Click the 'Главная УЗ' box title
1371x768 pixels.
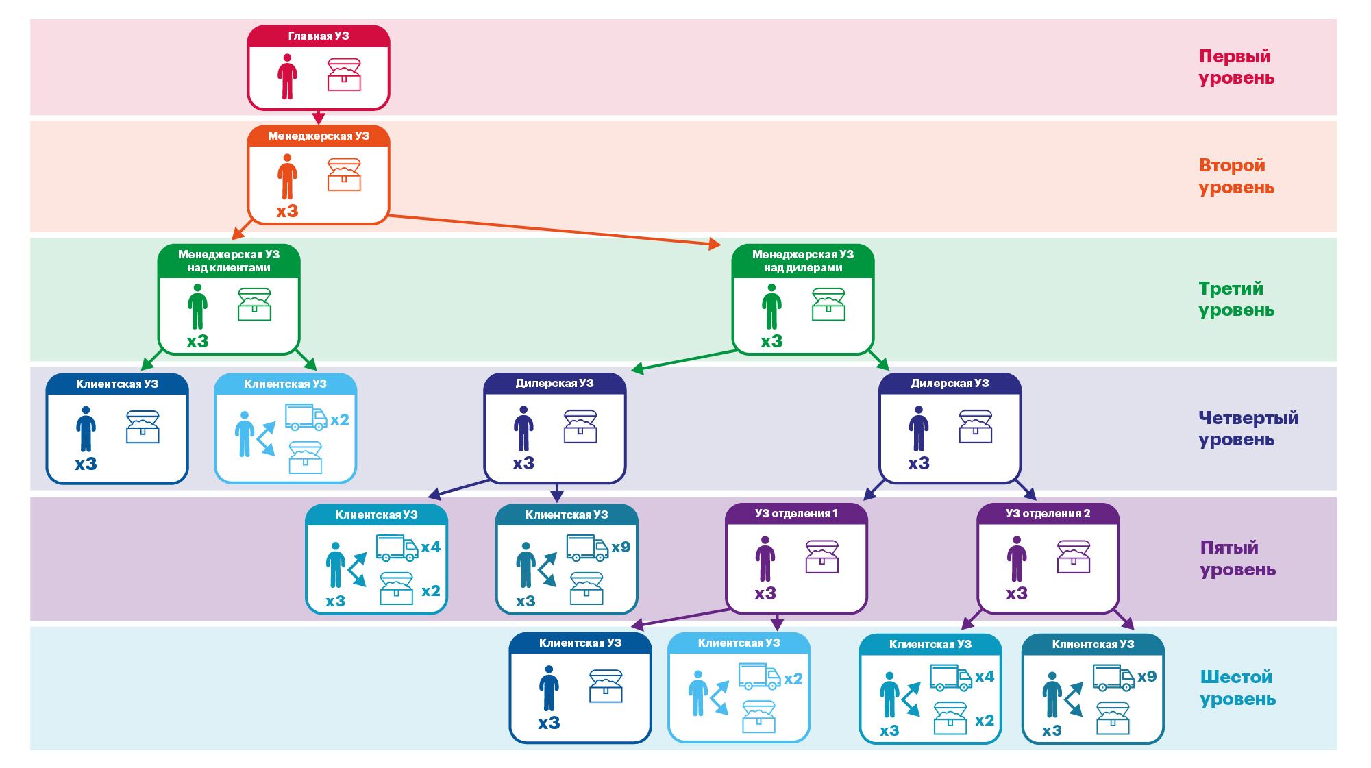coord(319,36)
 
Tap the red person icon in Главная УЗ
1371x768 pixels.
coord(287,77)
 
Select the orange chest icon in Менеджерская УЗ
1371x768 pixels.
coord(344,174)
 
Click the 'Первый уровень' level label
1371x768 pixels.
coord(1235,67)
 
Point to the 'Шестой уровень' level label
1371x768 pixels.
coord(1237,688)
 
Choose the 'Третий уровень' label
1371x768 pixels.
coord(1235,299)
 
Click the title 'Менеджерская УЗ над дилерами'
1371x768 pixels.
coord(803,261)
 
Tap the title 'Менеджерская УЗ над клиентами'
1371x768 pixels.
coord(229,261)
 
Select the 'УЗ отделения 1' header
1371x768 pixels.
coord(796,514)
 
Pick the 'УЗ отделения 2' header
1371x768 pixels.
coord(1048,514)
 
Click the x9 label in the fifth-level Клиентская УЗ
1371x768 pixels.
coord(621,547)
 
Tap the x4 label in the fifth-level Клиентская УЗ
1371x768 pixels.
coord(430,547)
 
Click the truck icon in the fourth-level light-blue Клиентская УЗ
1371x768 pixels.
coord(306,417)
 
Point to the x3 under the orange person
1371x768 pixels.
coord(287,211)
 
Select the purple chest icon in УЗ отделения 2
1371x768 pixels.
coord(1073,556)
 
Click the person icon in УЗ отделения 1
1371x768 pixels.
coord(765,558)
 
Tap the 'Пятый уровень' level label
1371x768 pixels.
coord(1237,558)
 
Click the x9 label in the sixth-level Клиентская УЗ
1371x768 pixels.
coord(1147,677)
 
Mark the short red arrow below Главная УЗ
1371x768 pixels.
coord(319,117)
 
